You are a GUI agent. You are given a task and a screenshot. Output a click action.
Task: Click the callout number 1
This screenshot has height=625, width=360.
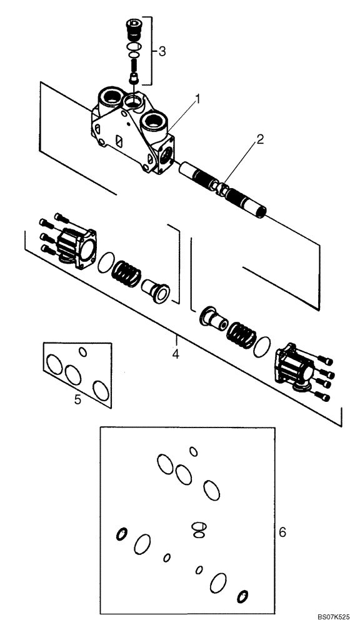pos(197,99)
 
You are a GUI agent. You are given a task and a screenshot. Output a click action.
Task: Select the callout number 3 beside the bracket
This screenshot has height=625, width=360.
pos(161,52)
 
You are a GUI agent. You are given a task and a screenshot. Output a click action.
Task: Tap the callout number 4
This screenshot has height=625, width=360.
pos(176,354)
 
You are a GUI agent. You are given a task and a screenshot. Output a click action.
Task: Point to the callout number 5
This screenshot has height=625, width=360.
pos(77,399)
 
